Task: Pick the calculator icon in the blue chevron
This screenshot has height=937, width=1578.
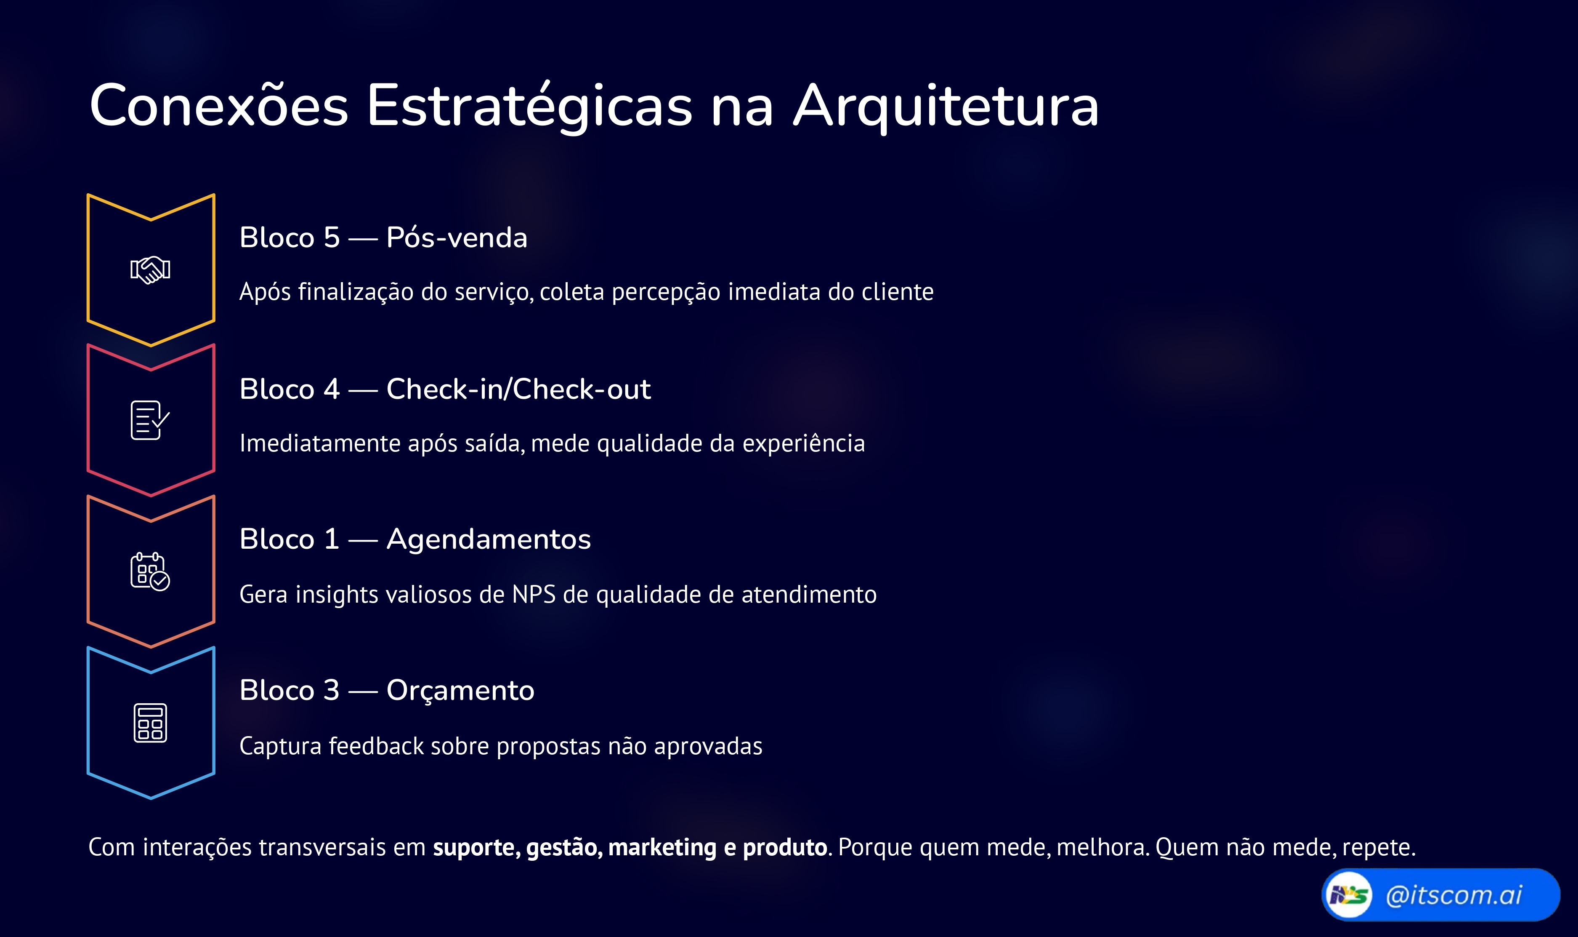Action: [x=150, y=723]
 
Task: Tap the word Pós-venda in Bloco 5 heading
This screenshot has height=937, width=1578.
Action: [x=456, y=238]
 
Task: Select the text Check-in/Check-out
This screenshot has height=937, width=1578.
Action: [x=518, y=389]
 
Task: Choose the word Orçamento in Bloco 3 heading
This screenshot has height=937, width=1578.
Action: [x=460, y=690]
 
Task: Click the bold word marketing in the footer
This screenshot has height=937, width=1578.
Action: [x=662, y=847]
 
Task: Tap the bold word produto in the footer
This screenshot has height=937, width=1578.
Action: [x=784, y=847]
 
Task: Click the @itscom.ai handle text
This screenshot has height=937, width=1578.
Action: [x=1453, y=895]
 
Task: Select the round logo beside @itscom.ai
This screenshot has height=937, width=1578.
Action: [x=1348, y=895]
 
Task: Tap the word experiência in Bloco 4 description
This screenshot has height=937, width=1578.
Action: [x=803, y=443]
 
